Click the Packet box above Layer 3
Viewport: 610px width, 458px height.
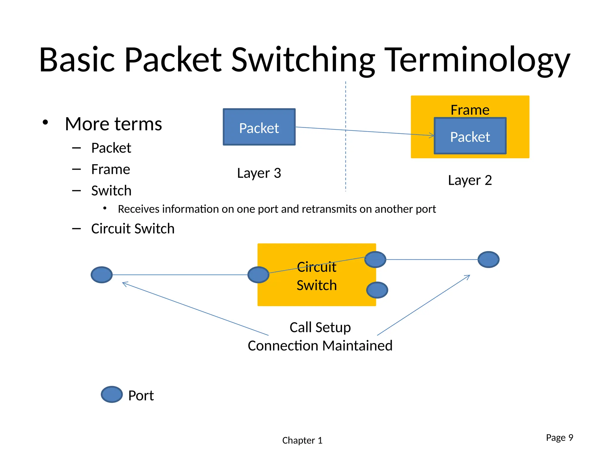(259, 127)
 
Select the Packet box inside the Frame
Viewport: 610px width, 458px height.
(470, 136)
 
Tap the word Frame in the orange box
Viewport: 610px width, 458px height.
(470, 110)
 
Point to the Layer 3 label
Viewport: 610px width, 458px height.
(259, 173)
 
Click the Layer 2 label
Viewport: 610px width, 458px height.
(470, 180)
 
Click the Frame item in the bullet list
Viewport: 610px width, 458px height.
(111, 169)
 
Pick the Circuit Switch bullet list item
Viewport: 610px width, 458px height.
(133, 229)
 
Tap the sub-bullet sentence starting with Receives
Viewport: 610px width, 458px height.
(277, 209)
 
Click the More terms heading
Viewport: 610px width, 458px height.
(113, 124)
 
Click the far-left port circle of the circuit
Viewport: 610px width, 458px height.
(102, 275)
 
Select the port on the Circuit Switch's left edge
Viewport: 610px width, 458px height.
(258, 275)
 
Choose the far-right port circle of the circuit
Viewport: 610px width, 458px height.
(488, 259)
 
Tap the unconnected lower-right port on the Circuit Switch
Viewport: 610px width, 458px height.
(377, 290)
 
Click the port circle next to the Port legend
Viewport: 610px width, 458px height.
(112, 394)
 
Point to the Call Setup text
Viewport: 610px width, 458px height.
(320, 327)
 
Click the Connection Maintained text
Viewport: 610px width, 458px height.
(320, 346)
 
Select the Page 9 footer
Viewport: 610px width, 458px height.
(559, 437)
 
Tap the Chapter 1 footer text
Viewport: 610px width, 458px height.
(302, 440)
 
